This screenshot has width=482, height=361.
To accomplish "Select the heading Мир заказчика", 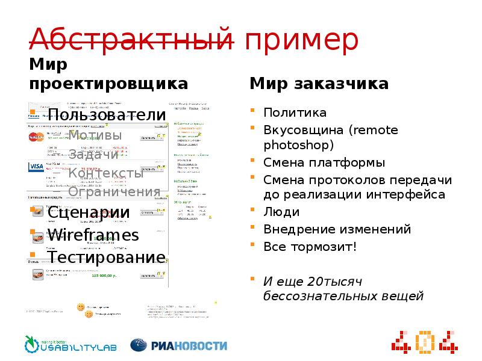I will (x=319, y=83).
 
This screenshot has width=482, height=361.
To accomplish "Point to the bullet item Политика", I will (x=295, y=113).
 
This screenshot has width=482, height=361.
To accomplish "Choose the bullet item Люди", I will (x=281, y=212).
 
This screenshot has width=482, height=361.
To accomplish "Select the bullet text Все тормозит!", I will (x=310, y=247).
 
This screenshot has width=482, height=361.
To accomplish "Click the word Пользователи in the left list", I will (x=107, y=116).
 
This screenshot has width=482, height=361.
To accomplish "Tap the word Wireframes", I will (x=93, y=235).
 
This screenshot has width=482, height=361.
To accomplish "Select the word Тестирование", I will (x=107, y=258).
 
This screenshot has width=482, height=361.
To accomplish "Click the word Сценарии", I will (x=89, y=213).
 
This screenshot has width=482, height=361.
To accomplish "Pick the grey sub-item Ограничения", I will (x=114, y=193).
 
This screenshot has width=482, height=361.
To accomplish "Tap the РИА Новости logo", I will (x=180, y=345).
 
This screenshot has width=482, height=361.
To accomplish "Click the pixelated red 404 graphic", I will (x=424, y=341).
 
